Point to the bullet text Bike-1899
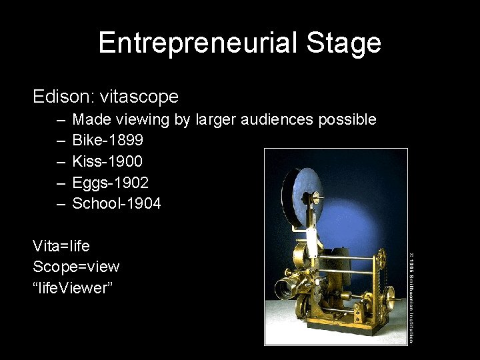[107, 141]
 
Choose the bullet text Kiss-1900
[107, 161]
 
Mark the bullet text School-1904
[116, 203]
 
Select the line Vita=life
[61, 246]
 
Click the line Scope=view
[76, 267]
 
